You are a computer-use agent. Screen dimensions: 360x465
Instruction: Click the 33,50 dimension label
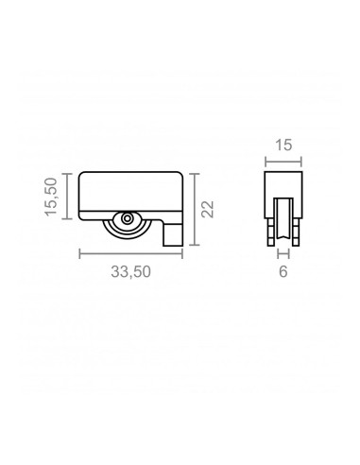click(131, 271)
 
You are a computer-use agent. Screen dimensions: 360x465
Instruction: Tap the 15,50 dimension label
click(51, 197)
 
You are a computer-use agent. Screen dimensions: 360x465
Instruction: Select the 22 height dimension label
click(208, 209)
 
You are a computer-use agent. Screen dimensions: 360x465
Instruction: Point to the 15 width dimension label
click(283, 146)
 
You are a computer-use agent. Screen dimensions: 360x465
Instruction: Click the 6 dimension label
click(283, 271)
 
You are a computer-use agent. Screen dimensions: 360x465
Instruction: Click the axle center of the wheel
click(128, 218)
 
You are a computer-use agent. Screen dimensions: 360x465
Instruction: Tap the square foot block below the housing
click(173, 234)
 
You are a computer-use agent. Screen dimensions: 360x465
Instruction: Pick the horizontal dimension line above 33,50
click(131, 253)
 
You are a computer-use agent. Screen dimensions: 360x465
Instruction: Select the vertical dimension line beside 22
click(195, 209)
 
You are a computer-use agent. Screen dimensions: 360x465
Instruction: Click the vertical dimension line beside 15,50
click(67, 196)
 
